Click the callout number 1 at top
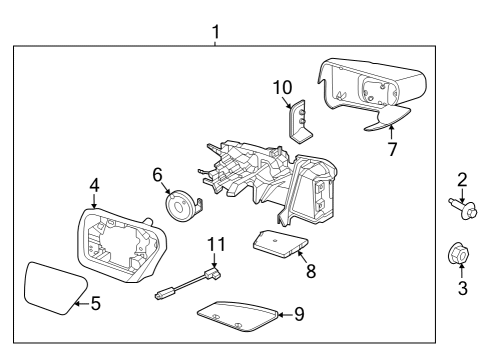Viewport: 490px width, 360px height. coord(216,32)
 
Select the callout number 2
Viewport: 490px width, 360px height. coord(463,179)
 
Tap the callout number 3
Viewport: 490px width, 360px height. coord(463,289)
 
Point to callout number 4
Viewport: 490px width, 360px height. coord(93,184)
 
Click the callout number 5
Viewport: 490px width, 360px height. coord(95,302)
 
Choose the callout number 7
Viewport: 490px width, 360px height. coord(393,150)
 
